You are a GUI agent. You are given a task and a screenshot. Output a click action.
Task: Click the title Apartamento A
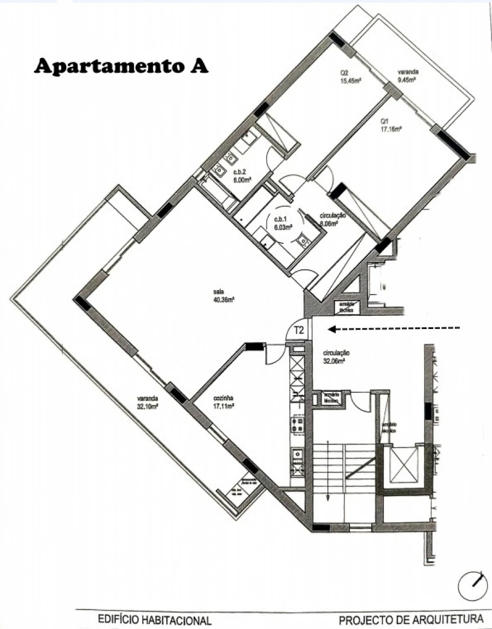121,66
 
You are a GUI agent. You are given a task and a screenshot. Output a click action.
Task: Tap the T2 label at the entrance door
299,330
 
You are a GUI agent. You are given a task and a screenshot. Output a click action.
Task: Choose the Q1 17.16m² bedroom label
391,126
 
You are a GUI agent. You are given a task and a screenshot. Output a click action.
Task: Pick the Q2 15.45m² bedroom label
350,77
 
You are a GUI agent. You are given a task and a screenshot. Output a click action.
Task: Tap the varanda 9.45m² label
407,75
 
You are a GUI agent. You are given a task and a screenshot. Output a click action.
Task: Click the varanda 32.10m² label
148,402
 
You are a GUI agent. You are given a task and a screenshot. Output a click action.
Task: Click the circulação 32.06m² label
336,357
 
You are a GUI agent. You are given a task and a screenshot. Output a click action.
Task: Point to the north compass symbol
472,587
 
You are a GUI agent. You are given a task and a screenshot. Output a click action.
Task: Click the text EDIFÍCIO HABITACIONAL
154,620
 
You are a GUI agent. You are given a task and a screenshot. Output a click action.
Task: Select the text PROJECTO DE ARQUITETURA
411,620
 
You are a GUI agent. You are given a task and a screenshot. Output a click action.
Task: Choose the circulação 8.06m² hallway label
332,219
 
